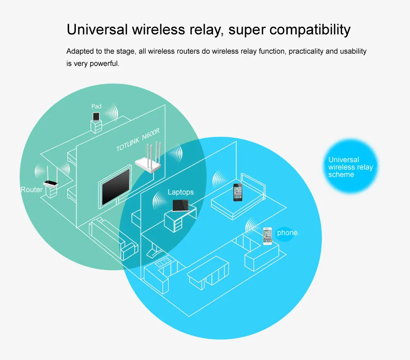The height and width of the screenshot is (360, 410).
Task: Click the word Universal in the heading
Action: pos(95,29)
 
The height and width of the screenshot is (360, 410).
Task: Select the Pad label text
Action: pos(96,106)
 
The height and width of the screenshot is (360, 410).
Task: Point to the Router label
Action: pos(32,190)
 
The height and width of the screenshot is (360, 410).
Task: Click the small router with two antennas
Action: pos(50,183)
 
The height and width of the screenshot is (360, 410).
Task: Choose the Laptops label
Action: pos(180,192)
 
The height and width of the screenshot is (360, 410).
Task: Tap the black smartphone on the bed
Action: pos(238,192)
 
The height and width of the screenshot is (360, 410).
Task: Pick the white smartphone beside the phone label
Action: pos(267,236)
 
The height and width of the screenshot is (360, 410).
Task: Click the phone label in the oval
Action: pos(287,233)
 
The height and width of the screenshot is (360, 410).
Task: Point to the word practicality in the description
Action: pos(306,52)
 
